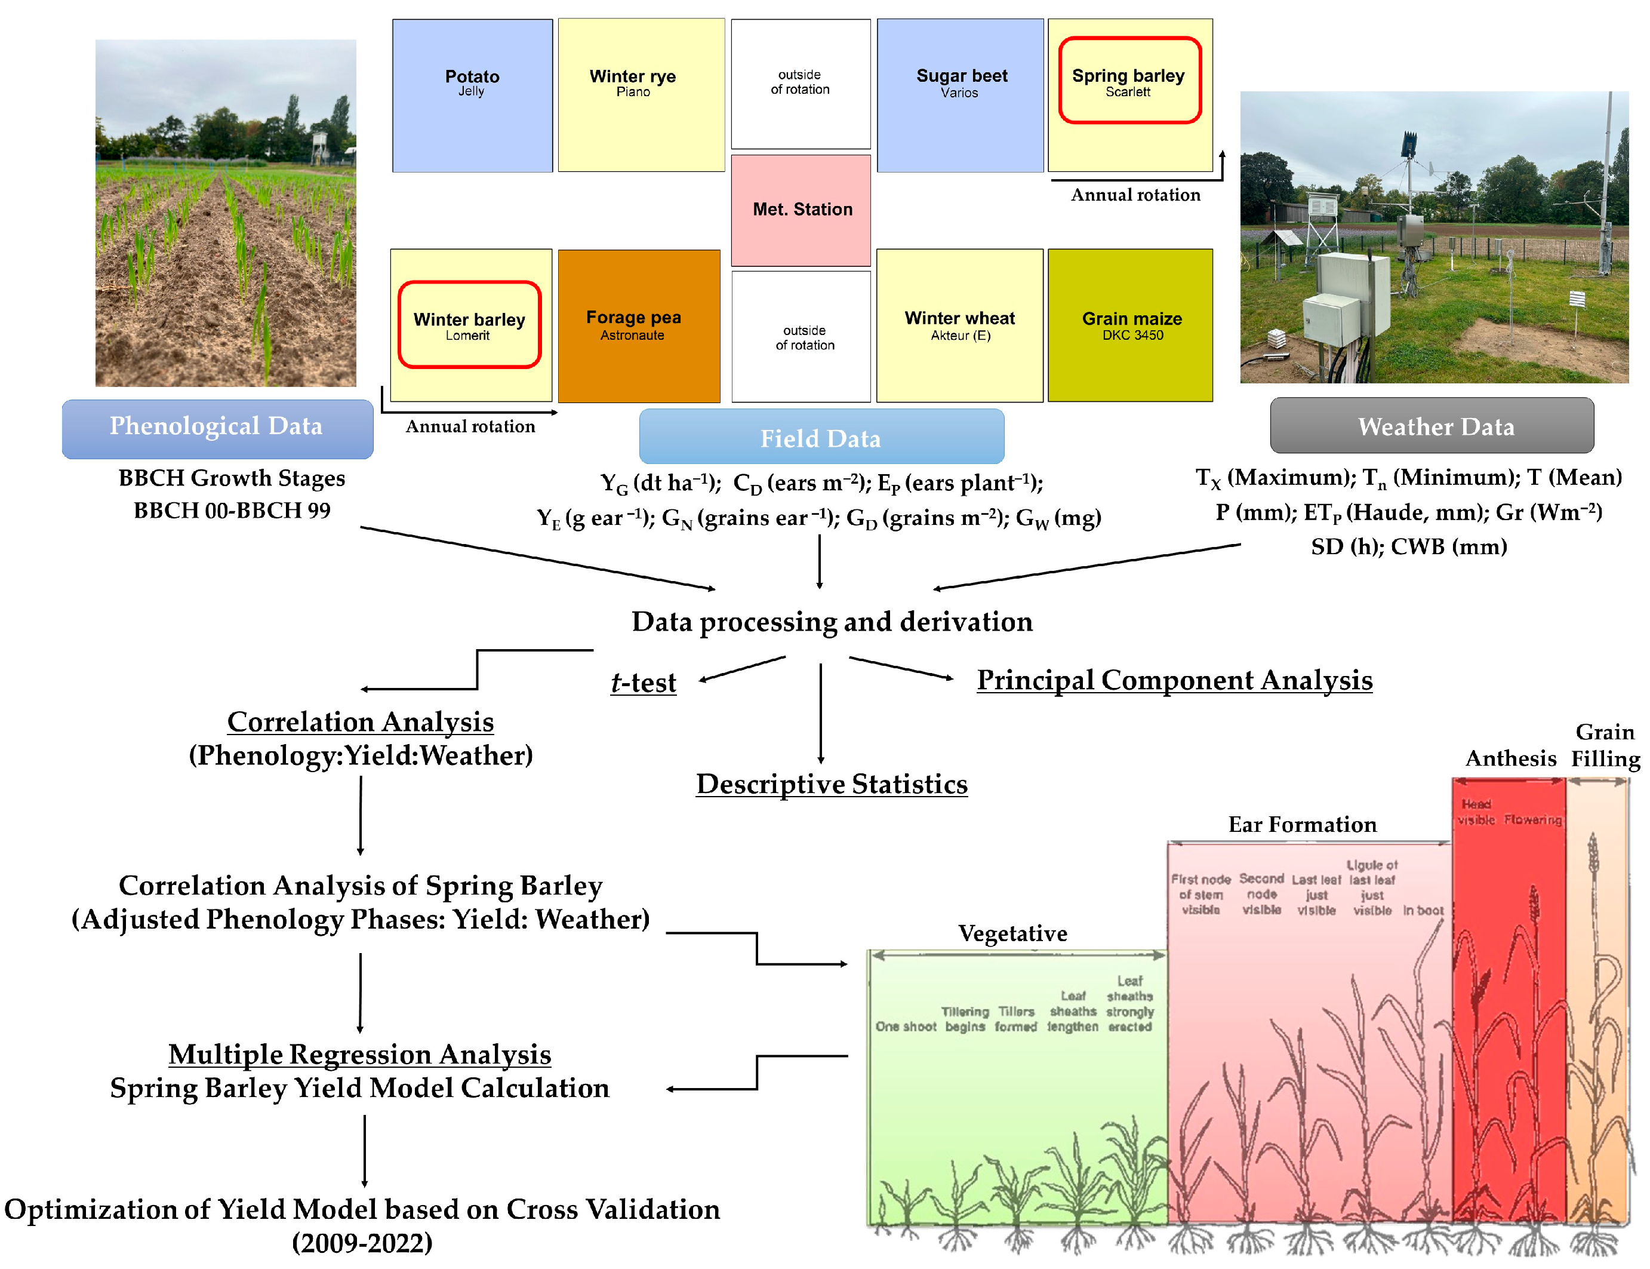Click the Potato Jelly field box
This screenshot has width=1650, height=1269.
[472, 96]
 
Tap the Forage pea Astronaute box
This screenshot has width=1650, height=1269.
[638, 325]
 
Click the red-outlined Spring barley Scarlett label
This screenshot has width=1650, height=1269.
[1129, 81]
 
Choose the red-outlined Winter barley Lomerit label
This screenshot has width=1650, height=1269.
[469, 325]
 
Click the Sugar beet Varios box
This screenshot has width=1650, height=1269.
[960, 96]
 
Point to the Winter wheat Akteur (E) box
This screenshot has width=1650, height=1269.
[959, 325]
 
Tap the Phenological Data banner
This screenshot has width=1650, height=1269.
[217, 428]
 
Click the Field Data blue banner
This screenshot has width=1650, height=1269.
[821, 437]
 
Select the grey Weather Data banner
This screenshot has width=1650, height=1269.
[1431, 426]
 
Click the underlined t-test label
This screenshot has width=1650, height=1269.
[644, 683]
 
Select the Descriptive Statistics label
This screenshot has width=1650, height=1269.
[832, 784]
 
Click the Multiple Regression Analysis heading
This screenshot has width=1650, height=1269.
[359, 1054]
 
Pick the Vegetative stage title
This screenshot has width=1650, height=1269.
[1012, 933]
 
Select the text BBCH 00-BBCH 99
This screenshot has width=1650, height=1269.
[232, 511]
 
